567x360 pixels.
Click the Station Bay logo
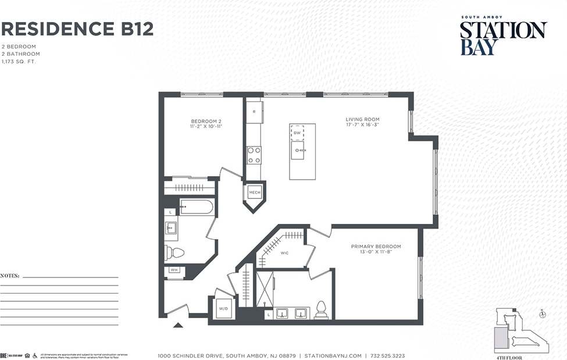(503, 37)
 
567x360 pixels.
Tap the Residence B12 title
(77, 28)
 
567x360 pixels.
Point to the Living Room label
(362, 122)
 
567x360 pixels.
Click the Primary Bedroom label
(376, 249)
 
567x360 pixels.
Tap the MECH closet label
(254, 193)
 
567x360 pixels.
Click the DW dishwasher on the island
(297, 133)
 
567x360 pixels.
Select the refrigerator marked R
(254, 112)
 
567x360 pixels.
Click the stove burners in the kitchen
(254, 155)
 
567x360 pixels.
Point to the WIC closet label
(285, 253)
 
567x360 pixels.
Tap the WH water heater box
(174, 270)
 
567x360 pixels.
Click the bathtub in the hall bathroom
(197, 206)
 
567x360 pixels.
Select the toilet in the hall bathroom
(174, 252)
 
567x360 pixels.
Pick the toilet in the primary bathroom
(320, 311)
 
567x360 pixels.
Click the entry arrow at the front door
(178, 325)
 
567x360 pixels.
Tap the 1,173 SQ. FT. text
(19, 61)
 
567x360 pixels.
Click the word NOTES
(10, 275)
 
